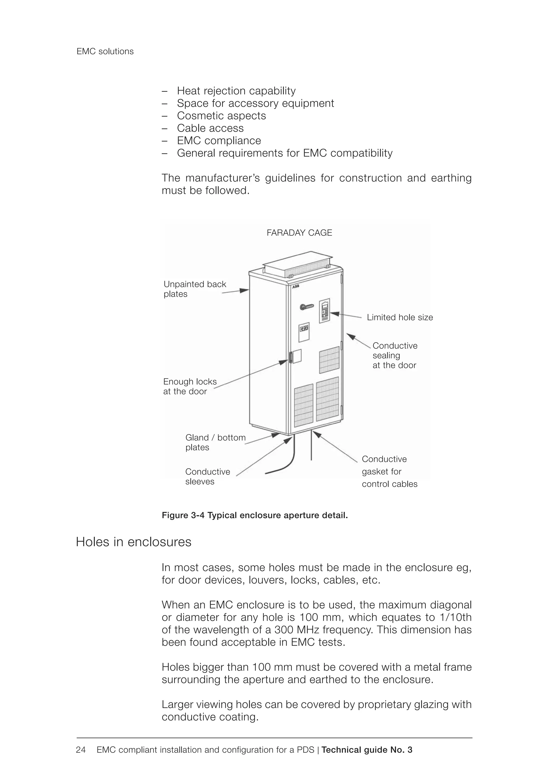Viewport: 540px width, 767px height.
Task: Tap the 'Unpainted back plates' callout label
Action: point(195,289)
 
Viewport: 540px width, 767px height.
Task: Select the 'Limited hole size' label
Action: point(400,317)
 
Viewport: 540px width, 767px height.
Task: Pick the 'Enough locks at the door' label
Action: point(190,387)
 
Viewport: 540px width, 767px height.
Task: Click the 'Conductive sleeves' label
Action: point(208,476)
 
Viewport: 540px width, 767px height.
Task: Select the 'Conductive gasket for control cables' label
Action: point(389,471)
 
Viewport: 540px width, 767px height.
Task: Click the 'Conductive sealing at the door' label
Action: point(395,355)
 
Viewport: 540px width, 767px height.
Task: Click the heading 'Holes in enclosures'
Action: point(134,542)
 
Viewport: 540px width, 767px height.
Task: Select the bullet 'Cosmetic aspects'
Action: point(221,115)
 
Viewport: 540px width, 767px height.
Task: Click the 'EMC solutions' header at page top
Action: point(105,51)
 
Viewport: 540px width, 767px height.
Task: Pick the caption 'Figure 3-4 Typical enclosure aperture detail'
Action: point(255,515)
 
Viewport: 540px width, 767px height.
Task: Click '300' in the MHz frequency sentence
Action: point(284,630)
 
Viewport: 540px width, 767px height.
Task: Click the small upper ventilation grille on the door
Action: point(329,360)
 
